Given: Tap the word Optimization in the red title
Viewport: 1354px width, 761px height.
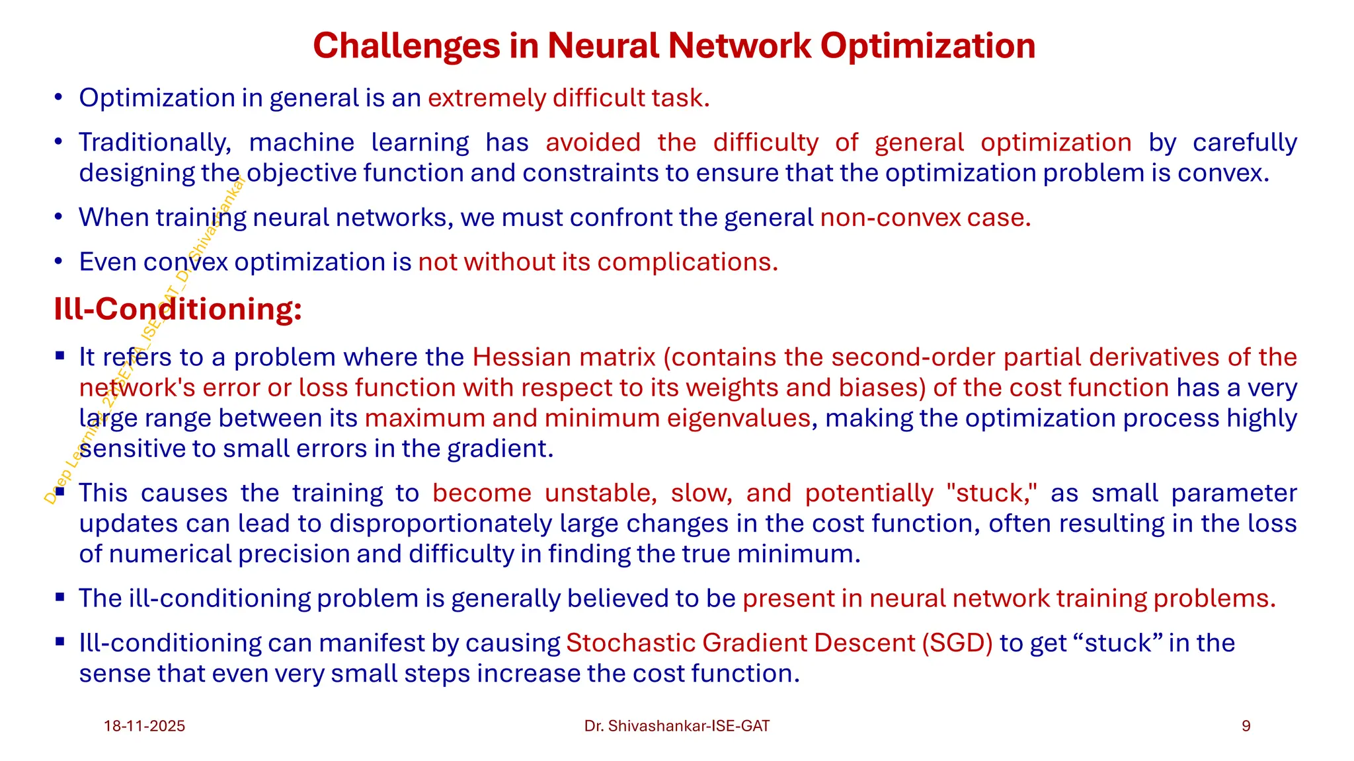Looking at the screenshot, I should [928, 46].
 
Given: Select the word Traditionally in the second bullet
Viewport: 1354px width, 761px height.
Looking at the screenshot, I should [155, 143].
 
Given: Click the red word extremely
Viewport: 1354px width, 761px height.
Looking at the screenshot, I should [487, 98].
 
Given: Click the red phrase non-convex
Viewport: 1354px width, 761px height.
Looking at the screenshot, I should [890, 217].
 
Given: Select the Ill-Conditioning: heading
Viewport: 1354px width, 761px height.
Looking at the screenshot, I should [178, 309].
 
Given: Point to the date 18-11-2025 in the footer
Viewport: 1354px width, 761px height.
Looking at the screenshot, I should [144, 726].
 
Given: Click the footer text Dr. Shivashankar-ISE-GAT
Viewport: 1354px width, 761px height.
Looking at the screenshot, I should [677, 726].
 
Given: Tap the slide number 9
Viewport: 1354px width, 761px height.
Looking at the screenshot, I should [1246, 726].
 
